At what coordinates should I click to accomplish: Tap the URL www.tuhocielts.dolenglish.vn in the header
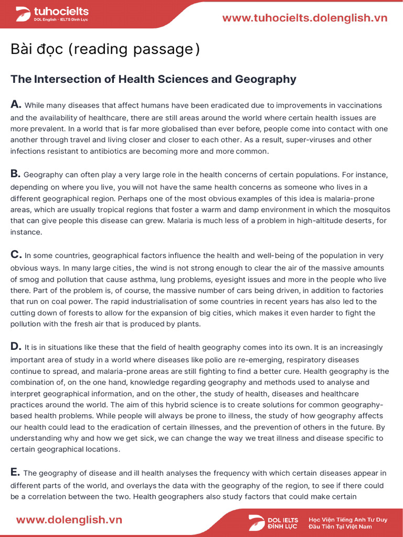point(305,18)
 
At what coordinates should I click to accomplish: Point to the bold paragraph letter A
point(16,104)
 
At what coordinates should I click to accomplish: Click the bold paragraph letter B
point(16,174)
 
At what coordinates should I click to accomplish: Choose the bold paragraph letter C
point(16,255)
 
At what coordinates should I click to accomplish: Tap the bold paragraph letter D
point(16,346)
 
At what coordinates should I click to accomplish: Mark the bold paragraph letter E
point(15,472)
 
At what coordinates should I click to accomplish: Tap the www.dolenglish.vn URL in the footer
point(69,520)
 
